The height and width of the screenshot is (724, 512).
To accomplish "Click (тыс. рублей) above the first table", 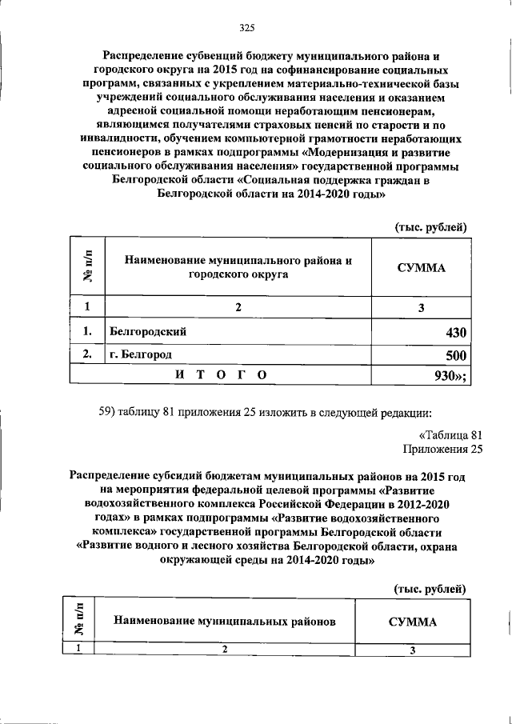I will [x=431, y=227].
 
